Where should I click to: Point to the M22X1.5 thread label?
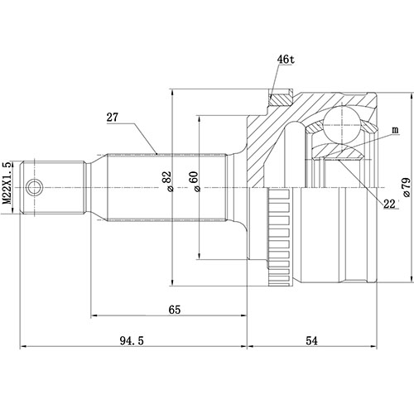tap(7, 187)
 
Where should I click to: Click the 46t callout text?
tap(286, 60)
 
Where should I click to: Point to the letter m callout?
tap(395, 131)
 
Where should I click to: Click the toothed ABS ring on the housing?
tap(282, 233)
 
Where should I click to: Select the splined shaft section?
tap(157, 187)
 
